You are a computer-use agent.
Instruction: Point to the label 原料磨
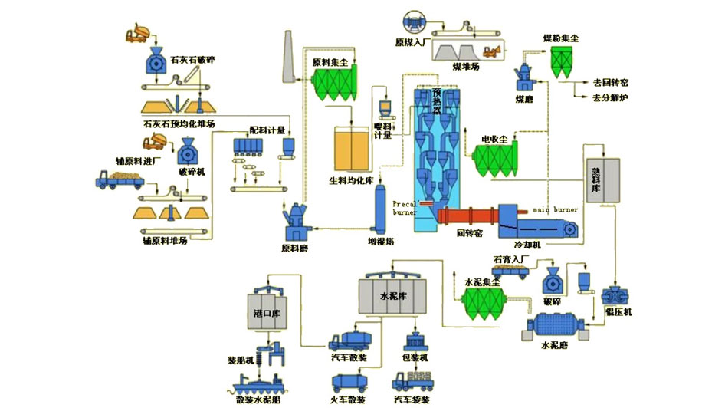[x=295, y=248]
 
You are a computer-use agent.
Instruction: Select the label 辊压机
[x=618, y=312]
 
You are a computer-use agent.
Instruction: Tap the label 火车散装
[x=349, y=400]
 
